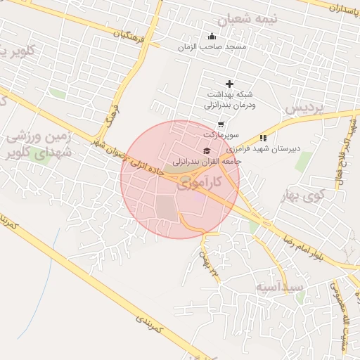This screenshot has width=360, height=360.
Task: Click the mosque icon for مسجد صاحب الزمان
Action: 212,37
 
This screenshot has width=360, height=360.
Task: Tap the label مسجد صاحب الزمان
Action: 212,46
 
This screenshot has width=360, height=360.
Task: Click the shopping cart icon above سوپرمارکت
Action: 221,124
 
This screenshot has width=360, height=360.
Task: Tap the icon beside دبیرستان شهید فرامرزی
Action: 263,138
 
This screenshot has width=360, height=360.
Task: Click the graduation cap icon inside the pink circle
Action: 207,151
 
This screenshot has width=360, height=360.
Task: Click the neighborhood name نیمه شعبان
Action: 247,20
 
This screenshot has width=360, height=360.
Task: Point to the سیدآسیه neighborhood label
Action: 279,287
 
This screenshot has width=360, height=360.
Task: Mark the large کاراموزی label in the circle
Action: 199,184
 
